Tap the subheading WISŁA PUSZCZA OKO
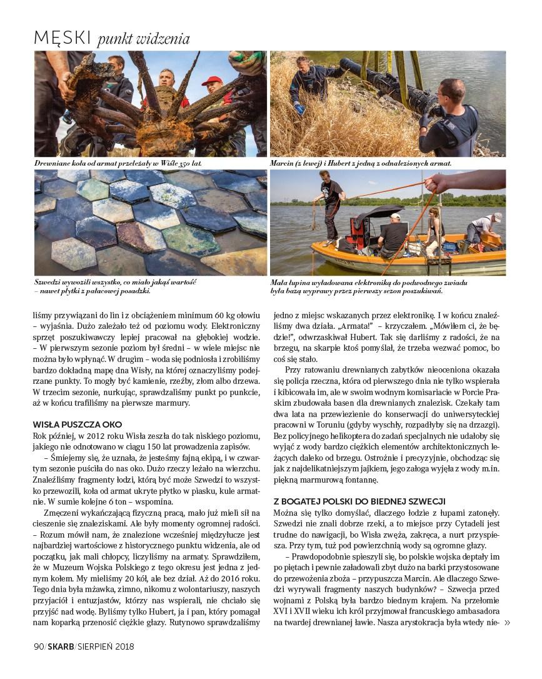78,424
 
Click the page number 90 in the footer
39,646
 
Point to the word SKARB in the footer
61,646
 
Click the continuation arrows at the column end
506,622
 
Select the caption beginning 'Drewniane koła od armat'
118,164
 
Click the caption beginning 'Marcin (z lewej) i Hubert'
361,164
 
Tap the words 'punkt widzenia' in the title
143,39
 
